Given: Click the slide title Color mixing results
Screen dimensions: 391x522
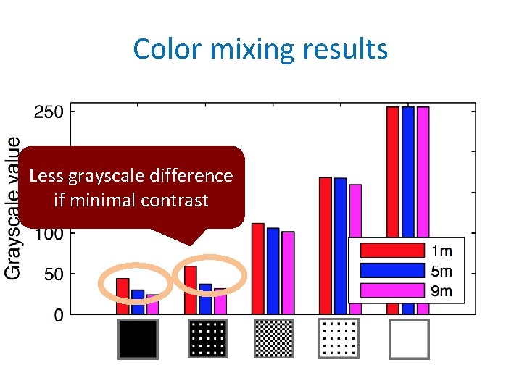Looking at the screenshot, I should [x=260, y=49].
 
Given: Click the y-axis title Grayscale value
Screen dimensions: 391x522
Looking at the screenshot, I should [x=13, y=207].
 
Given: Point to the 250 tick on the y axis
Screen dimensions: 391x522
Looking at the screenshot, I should [x=49, y=112].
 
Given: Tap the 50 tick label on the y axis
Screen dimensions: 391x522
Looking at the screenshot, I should [x=53, y=274].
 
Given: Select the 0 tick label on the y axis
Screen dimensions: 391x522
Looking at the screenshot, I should [x=59, y=315].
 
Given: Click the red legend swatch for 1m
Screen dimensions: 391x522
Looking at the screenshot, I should [x=391, y=251].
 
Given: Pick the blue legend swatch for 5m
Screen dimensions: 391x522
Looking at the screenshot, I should [x=391, y=271].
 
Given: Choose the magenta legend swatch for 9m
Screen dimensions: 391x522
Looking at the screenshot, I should [x=391, y=291].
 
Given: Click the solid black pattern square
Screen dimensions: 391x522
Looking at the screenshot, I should [x=138, y=339].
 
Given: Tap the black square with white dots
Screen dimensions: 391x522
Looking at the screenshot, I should [x=207, y=339].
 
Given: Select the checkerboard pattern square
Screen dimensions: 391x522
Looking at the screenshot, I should [x=274, y=339].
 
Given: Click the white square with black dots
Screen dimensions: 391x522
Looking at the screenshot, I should [x=339, y=339].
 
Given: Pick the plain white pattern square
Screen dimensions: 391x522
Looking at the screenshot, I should [x=409, y=339].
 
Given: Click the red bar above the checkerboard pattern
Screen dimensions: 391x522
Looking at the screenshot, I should [x=257, y=269].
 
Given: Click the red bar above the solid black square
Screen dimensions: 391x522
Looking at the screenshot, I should [x=123, y=296].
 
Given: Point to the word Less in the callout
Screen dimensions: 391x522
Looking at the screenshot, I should [x=48, y=176].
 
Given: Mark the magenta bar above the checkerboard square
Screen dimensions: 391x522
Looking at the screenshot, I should [x=288, y=273].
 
